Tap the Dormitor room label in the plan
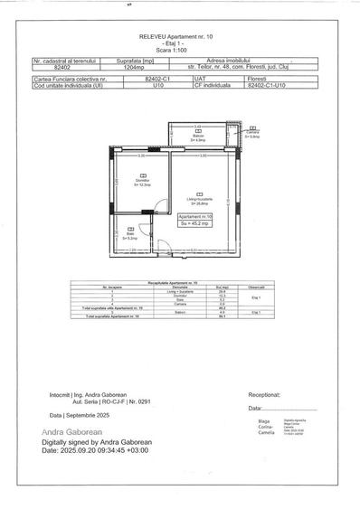[x=145, y=181]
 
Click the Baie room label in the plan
[x=130, y=235]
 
